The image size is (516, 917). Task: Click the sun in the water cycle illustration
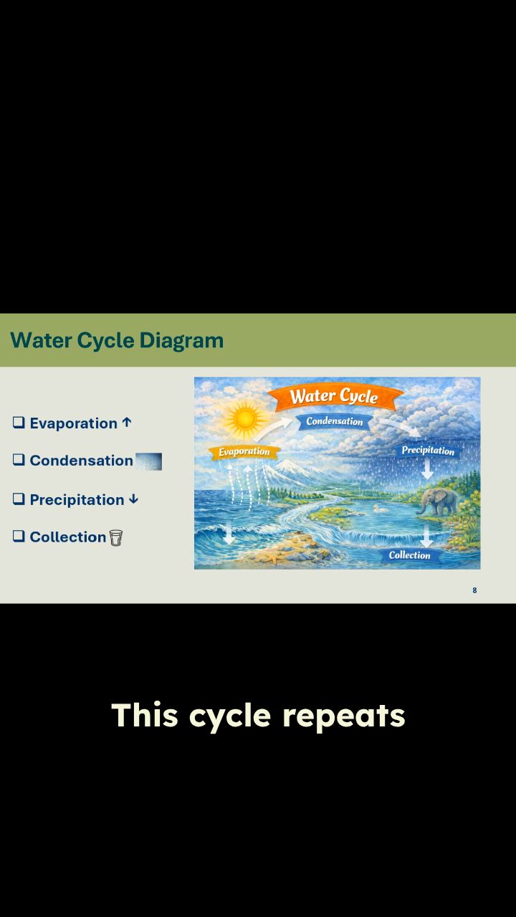(x=244, y=418)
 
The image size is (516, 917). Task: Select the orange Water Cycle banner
(x=335, y=396)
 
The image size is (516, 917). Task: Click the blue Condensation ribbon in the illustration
(x=335, y=421)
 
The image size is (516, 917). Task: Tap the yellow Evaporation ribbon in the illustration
(x=244, y=452)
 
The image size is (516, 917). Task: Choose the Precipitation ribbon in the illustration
(x=428, y=451)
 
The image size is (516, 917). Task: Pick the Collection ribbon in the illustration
(x=409, y=555)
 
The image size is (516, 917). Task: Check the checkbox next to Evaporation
(x=19, y=422)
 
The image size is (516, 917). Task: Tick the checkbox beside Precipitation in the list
(x=19, y=499)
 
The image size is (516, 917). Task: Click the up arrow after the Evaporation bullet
(x=127, y=422)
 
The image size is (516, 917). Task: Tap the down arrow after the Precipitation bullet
(x=133, y=499)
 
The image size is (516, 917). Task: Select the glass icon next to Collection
(x=116, y=537)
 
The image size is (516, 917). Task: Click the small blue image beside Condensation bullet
(x=148, y=461)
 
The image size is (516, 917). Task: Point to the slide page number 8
(x=474, y=590)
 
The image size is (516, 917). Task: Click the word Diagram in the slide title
(x=181, y=340)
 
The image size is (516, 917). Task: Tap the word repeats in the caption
(x=344, y=716)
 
